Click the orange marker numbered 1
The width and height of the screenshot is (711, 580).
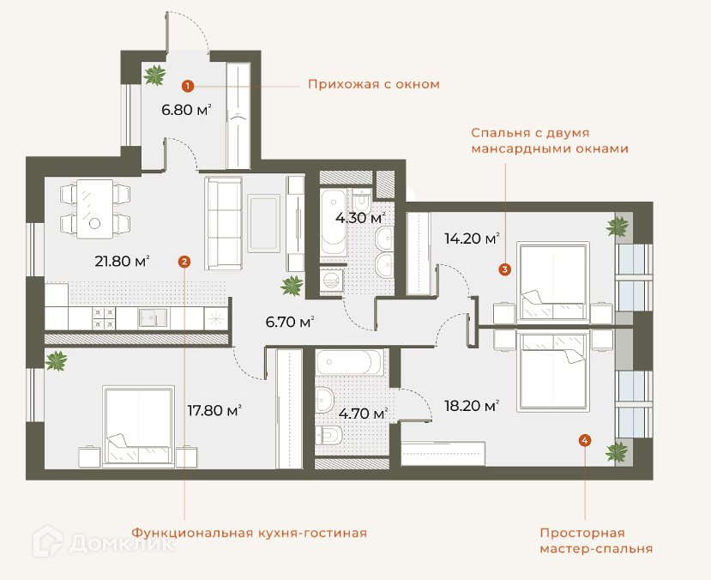point(188,86)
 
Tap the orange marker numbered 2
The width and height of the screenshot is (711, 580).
point(184,261)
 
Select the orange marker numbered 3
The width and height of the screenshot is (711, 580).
point(504,269)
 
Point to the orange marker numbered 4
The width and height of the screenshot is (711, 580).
point(585,440)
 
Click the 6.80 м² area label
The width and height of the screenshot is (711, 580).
point(187,110)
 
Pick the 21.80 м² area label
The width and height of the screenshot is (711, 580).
point(123,261)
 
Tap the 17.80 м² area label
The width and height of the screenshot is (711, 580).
point(214,410)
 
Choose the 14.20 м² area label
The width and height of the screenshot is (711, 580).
point(472,238)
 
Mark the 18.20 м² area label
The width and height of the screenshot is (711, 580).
point(472,405)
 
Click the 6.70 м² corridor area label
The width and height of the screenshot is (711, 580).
point(290,322)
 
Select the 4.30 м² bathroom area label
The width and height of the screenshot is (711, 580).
point(360,218)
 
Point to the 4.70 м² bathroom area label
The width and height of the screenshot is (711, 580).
point(363,414)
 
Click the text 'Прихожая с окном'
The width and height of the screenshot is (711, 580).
point(374,84)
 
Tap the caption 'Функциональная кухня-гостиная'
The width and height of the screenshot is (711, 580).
point(250,533)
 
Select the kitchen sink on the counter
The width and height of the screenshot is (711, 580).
point(153,317)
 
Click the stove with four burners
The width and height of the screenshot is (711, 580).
point(104,318)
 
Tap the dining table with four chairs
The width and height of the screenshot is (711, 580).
point(94,208)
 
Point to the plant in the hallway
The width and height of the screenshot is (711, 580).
point(154,75)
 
